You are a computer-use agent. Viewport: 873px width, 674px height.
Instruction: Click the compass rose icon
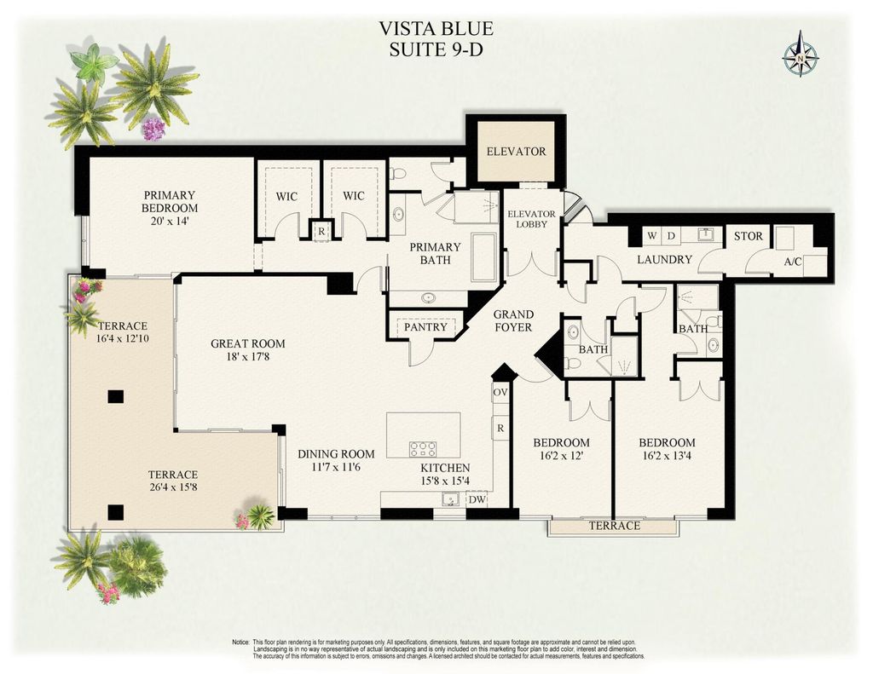800,55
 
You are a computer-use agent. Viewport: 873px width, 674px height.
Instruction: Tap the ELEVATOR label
516,152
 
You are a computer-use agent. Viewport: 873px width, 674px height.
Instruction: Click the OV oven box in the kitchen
500,393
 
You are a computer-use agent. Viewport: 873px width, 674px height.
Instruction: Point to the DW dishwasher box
477,500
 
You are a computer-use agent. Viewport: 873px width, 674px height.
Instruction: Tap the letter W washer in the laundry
651,235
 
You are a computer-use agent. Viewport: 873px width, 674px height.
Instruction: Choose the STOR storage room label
748,236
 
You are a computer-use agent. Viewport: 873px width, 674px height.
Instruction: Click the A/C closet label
792,263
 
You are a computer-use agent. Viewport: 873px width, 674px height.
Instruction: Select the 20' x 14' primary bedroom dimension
170,221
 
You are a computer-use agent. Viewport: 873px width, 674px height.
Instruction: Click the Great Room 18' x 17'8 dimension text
248,358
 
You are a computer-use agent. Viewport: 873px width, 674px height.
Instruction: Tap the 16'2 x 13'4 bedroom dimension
667,456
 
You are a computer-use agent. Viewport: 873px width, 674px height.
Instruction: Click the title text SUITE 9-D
436,49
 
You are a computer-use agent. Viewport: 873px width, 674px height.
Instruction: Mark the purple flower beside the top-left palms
153,129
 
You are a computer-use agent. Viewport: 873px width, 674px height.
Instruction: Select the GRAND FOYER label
513,320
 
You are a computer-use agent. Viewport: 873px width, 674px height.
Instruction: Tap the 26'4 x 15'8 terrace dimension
173,488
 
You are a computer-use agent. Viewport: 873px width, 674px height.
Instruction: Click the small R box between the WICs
321,230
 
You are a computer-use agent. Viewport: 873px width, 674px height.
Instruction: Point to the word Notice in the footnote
240,641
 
